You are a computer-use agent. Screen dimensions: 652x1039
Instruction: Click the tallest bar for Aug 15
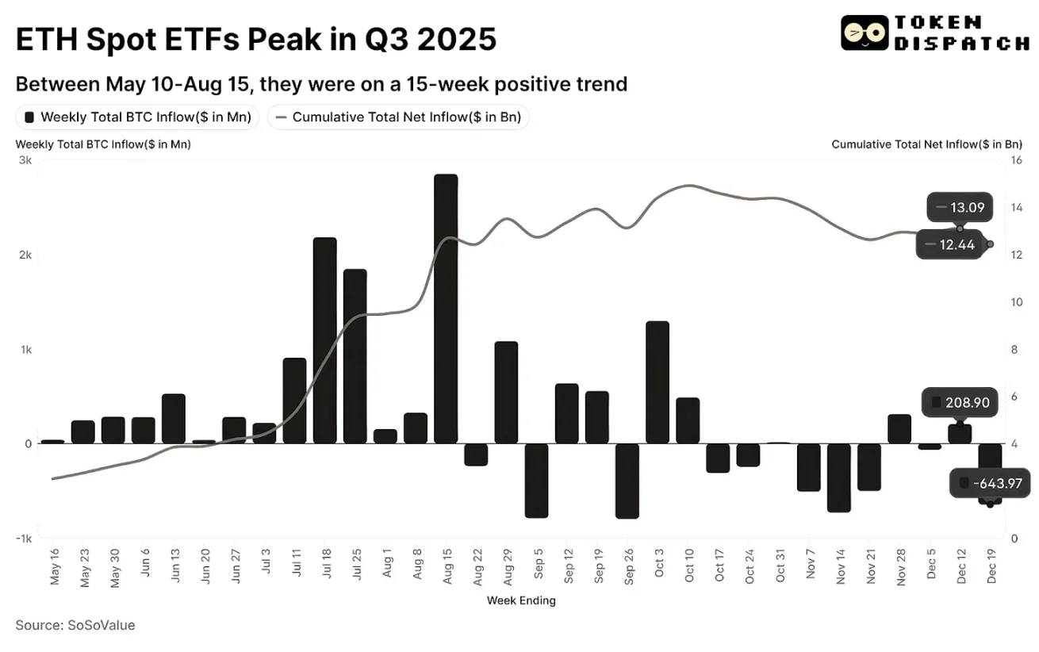click(446, 309)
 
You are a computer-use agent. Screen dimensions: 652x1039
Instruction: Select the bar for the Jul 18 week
click(325, 340)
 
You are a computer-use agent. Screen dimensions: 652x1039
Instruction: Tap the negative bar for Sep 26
click(627, 481)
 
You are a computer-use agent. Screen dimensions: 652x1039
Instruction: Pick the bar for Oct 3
click(658, 382)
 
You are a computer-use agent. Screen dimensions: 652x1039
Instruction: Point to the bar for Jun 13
click(174, 419)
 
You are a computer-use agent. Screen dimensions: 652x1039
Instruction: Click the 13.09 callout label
click(959, 208)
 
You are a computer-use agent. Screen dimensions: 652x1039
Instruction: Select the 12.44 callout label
click(948, 244)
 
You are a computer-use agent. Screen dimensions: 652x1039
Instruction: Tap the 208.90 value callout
click(959, 403)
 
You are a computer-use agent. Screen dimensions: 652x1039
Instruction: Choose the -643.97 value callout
click(987, 483)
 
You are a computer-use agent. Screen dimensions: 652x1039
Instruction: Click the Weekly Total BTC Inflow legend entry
click(137, 117)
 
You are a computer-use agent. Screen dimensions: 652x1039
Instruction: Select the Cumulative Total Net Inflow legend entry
click(399, 117)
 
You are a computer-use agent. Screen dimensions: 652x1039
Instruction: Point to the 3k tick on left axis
click(25, 160)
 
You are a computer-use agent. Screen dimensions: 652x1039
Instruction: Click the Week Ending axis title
click(521, 600)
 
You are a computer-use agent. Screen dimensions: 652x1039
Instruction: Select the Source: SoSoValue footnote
click(75, 625)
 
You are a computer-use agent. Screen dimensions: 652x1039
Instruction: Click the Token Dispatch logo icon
click(864, 33)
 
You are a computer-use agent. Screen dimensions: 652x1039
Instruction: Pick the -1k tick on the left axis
click(23, 539)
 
